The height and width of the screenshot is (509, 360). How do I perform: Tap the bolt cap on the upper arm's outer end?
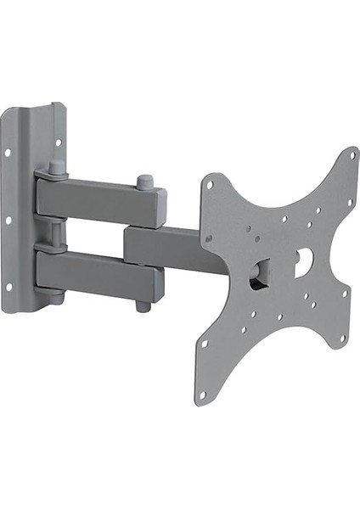(x=144, y=183)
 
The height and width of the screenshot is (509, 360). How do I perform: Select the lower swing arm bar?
(x=98, y=273)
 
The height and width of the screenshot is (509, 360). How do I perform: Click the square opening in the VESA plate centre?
(x=260, y=274)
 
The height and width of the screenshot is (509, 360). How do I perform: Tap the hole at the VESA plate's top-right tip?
(x=352, y=156)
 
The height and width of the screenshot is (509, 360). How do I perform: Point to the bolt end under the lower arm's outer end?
(x=143, y=305)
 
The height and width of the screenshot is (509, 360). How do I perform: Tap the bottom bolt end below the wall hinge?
(x=55, y=299)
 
